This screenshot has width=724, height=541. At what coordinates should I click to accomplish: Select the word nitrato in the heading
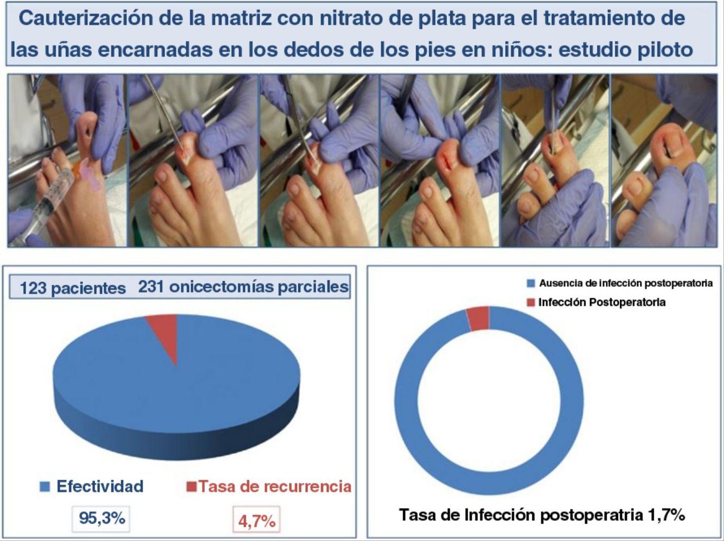coord(350,19)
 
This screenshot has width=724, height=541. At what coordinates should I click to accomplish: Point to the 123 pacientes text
coord(73,288)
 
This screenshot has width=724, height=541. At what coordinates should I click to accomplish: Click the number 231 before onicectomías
coord(151,286)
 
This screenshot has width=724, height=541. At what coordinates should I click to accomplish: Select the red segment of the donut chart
coord(478,318)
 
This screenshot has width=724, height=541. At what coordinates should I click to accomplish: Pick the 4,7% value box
coord(256,519)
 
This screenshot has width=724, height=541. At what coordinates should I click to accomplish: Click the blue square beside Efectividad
coord(45,487)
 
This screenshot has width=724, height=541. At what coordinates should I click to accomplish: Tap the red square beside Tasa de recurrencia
coord(191,487)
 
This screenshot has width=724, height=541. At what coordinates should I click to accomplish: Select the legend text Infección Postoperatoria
coord(602,302)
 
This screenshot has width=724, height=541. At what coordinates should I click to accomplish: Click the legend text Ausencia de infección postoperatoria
coord(625,283)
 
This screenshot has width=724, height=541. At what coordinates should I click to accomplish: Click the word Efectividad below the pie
coord(100,486)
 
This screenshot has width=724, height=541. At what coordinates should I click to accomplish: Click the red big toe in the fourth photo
coord(449,159)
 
